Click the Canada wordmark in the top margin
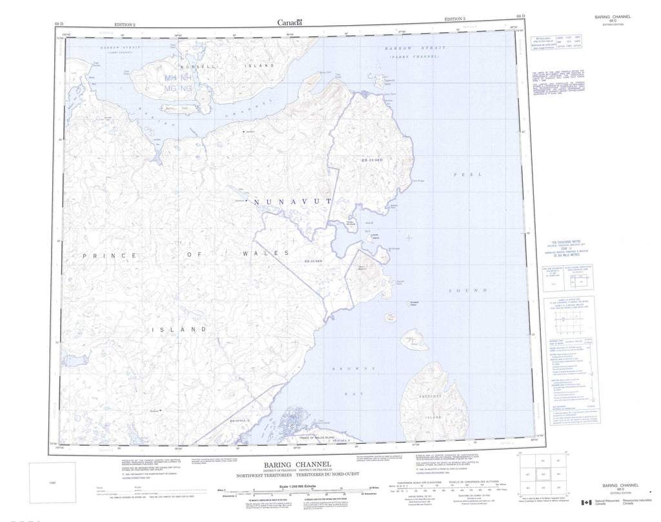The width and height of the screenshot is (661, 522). [x=290, y=23]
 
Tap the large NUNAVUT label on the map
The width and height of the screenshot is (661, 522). [x=292, y=202]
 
